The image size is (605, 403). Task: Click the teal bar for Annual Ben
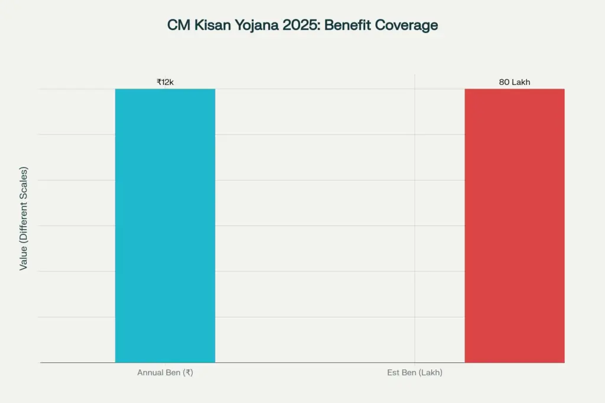[165, 225]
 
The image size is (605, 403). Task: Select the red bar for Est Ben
[514, 225]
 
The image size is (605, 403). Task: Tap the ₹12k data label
[165, 82]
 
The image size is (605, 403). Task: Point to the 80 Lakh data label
[514, 82]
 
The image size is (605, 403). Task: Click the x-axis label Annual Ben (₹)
[165, 373]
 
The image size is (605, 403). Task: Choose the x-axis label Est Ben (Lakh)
[414, 373]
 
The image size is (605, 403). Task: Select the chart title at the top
[302, 26]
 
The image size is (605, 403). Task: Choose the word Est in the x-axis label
[393, 373]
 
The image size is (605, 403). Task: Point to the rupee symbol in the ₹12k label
[159, 82]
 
